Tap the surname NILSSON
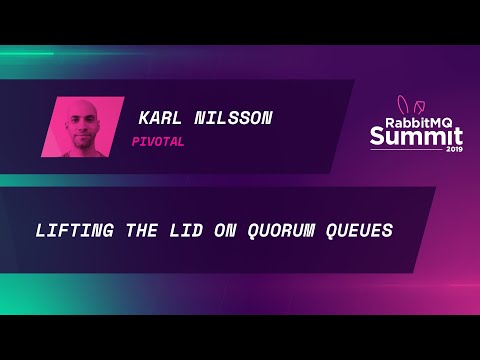click(236, 118)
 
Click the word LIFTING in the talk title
click(69, 230)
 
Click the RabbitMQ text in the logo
click(410, 121)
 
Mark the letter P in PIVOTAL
click(136, 141)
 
